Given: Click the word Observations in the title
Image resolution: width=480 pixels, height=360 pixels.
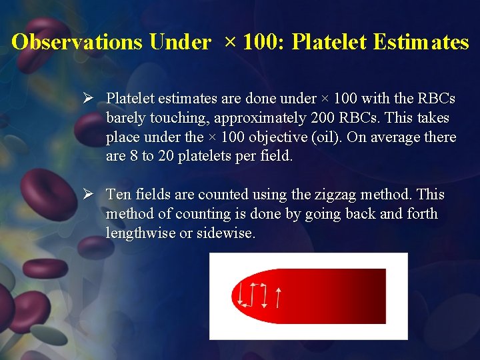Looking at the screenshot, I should click(x=77, y=43).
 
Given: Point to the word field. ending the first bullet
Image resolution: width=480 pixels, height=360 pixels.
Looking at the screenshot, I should click(x=275, y=157).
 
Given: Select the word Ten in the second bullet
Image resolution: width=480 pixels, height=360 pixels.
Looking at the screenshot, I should click(x=119, y=195).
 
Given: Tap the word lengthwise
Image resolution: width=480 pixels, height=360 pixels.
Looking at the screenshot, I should click(x=139, y=233).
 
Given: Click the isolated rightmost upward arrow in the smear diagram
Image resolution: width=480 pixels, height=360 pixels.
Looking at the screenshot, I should click(x=278, y=297).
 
